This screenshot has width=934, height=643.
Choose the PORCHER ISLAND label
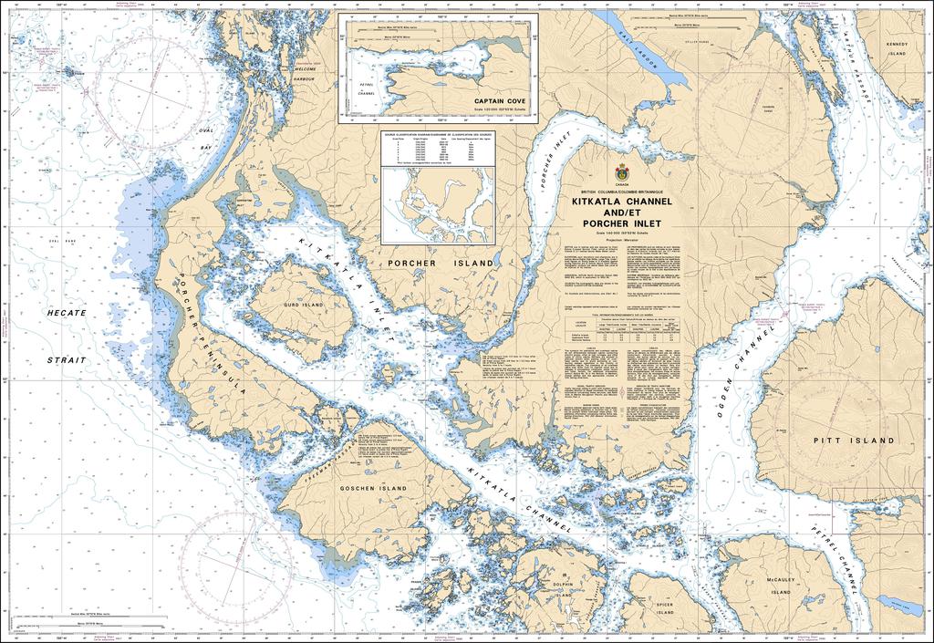click(x=441, y=264)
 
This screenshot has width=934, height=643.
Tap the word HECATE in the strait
click(x=68, y=313)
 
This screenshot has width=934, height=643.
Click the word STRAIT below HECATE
click(x=68, y=360)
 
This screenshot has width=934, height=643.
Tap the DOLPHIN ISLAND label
click(x=563, y=589)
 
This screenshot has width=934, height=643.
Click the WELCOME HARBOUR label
click(x=305, y=74)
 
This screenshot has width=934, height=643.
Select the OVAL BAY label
click(x=207, y=140)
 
